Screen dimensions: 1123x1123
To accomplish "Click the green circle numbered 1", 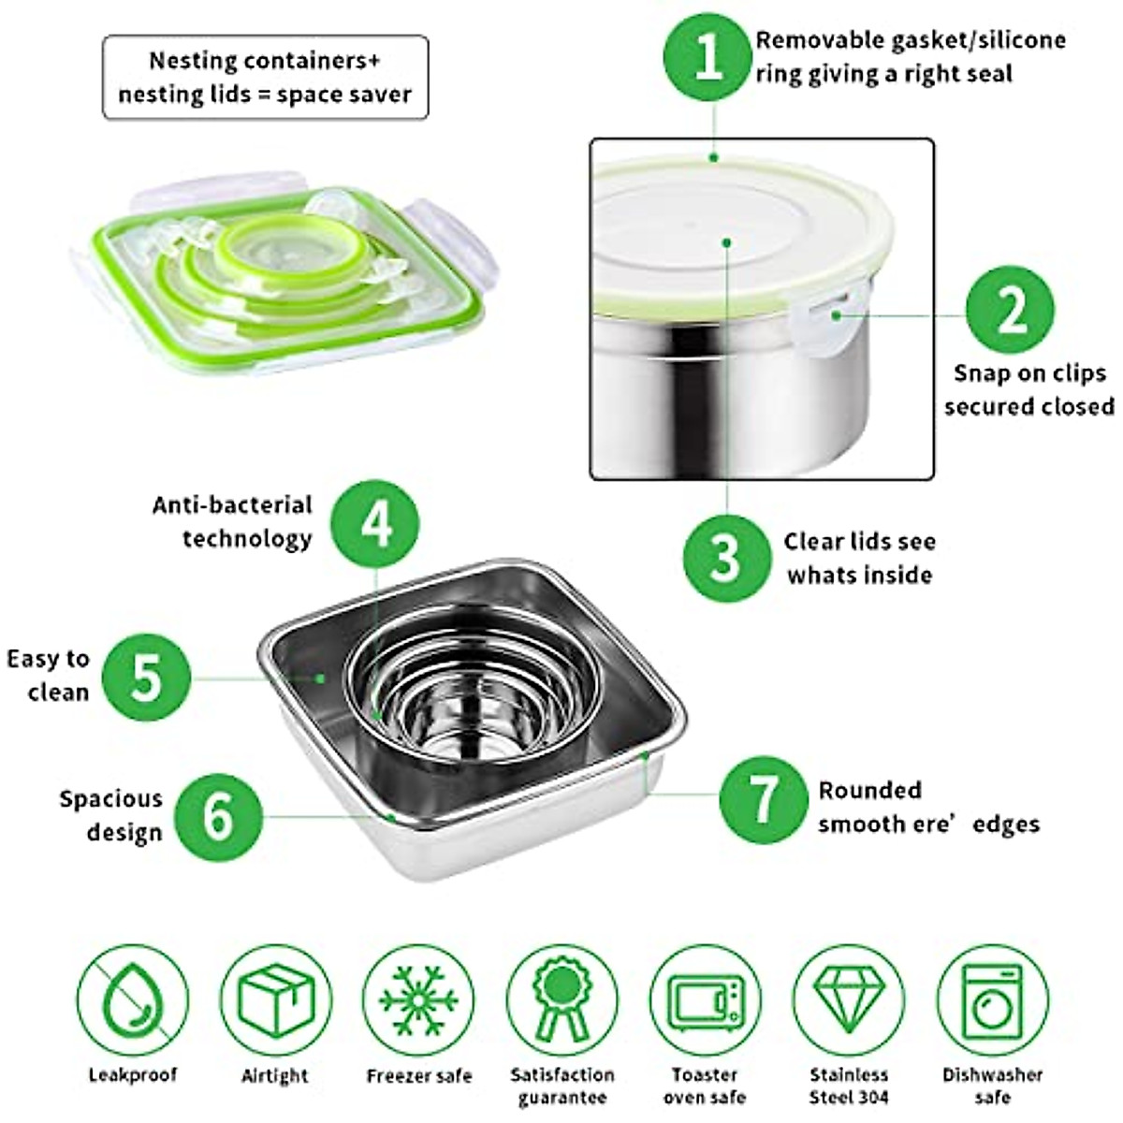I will [x=709, y=57].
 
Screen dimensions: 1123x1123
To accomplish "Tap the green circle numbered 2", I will [x=1010, y=312].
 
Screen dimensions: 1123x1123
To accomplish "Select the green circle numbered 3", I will [x=726, y=559].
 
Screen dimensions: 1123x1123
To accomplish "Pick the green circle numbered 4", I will [x=376, y=525].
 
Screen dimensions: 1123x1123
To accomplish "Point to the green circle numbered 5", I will [x=147, y=677].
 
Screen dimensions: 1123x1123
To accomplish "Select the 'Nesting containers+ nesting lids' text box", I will [x=265, y=78].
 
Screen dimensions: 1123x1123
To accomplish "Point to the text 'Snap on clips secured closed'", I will [x=1028, y=389].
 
